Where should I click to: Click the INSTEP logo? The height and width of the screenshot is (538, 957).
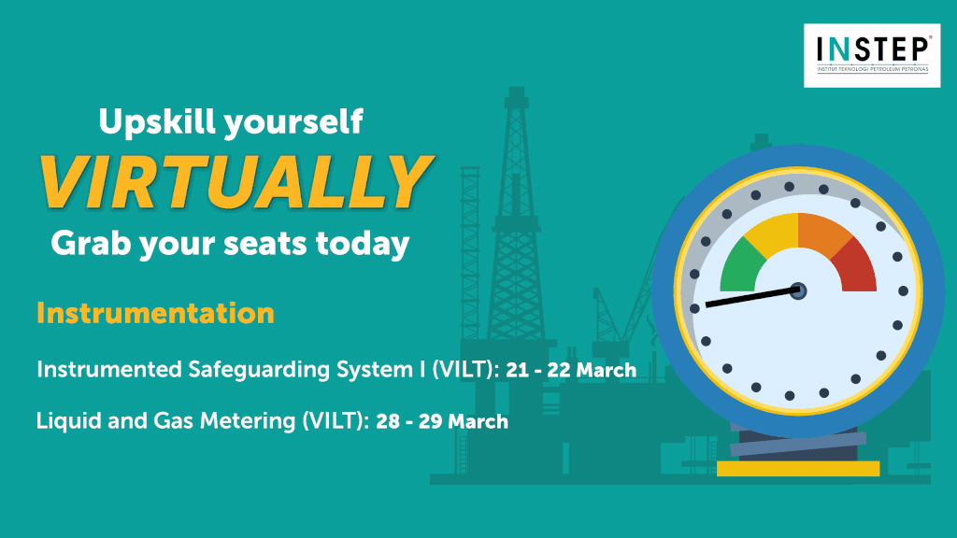872,55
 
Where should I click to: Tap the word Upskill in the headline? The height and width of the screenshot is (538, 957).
156,122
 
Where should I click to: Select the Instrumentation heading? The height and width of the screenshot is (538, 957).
155,314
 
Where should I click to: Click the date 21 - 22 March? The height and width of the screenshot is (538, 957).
571,370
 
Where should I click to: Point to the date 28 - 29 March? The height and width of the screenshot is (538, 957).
442,421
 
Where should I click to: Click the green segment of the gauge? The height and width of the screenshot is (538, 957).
741,266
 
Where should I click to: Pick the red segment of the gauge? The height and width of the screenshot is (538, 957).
854,265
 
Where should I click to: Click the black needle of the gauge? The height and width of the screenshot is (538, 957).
752,297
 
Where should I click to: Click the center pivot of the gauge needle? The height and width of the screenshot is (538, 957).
798,291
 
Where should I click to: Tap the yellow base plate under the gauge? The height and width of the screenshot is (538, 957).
798,469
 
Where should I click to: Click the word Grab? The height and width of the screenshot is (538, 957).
91,243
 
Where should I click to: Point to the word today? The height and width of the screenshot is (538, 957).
363,243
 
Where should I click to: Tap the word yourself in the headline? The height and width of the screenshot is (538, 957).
293,122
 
